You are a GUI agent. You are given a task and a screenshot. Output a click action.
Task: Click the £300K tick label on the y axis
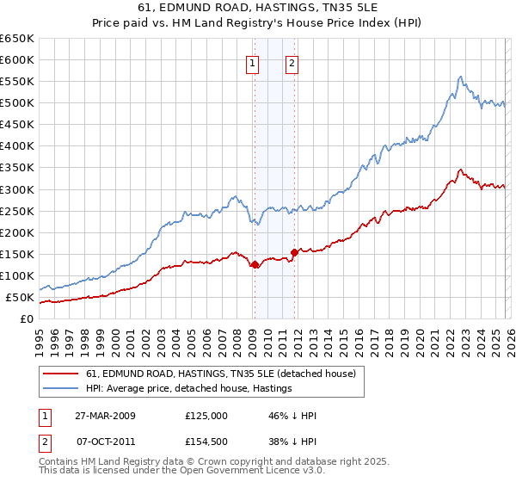[x=17, y=189]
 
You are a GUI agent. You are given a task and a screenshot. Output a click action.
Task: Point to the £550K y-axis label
[x=17, y=81]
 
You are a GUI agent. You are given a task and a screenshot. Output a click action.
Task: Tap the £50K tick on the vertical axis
[x=20, y=298]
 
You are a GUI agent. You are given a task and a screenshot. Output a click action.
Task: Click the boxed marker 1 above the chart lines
[x=254, y=62]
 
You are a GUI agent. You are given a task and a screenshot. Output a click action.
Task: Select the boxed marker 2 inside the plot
[x=292, y=62]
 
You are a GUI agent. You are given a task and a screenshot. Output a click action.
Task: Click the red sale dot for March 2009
[x=255, y=265]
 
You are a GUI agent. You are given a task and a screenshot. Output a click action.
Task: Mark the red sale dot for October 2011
[x=294, y=252]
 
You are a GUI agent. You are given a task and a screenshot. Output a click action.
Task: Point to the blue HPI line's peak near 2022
[x=460, y=77]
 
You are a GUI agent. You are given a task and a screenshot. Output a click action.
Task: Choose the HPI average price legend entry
[x=189, y=388]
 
